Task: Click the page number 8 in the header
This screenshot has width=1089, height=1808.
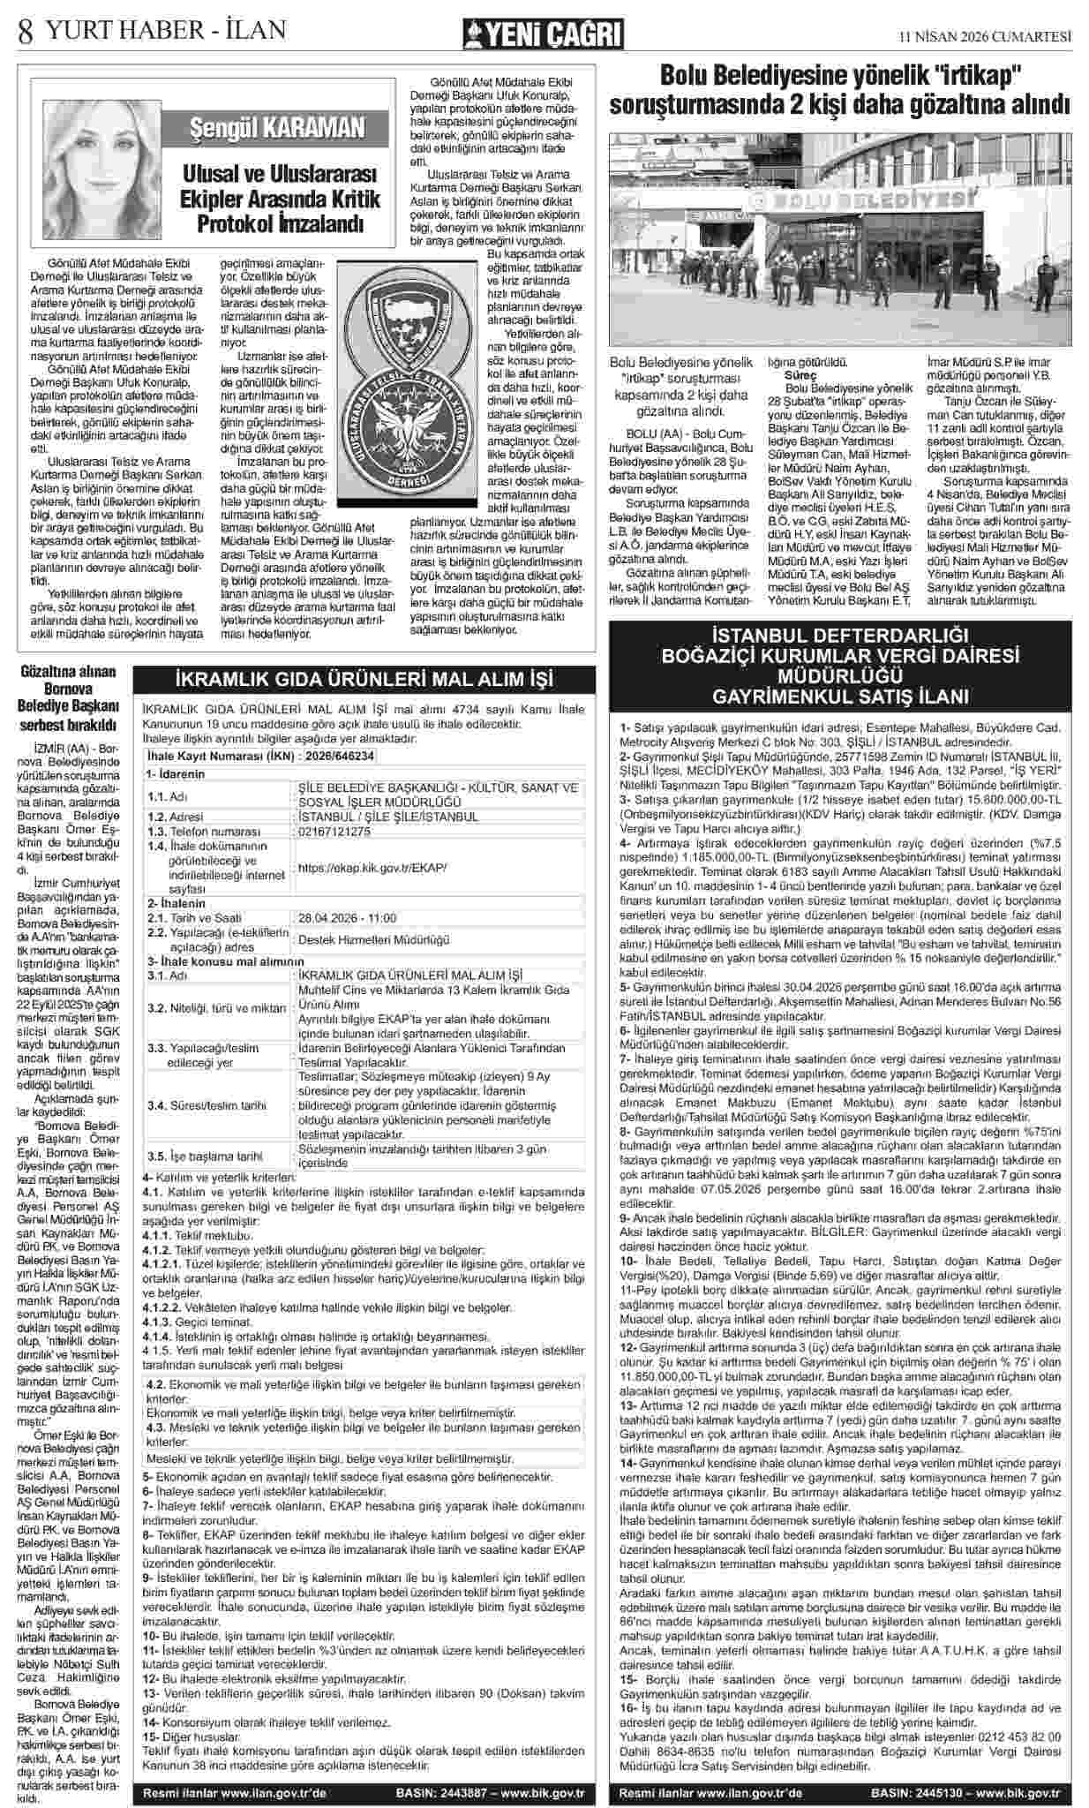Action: pyautogui.click(x=25, y=33)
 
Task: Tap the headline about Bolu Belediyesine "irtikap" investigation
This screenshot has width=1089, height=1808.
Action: pyautogui.click(x=842, y=88)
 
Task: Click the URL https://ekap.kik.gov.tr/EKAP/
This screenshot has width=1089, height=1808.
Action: pyautogui.click(x=373, y=868)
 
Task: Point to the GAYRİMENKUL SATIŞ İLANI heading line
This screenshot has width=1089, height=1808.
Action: pyautogui.click(x=841, y=697)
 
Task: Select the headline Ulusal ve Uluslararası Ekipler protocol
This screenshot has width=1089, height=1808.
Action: pyautogui.click(x=280, y=199)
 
